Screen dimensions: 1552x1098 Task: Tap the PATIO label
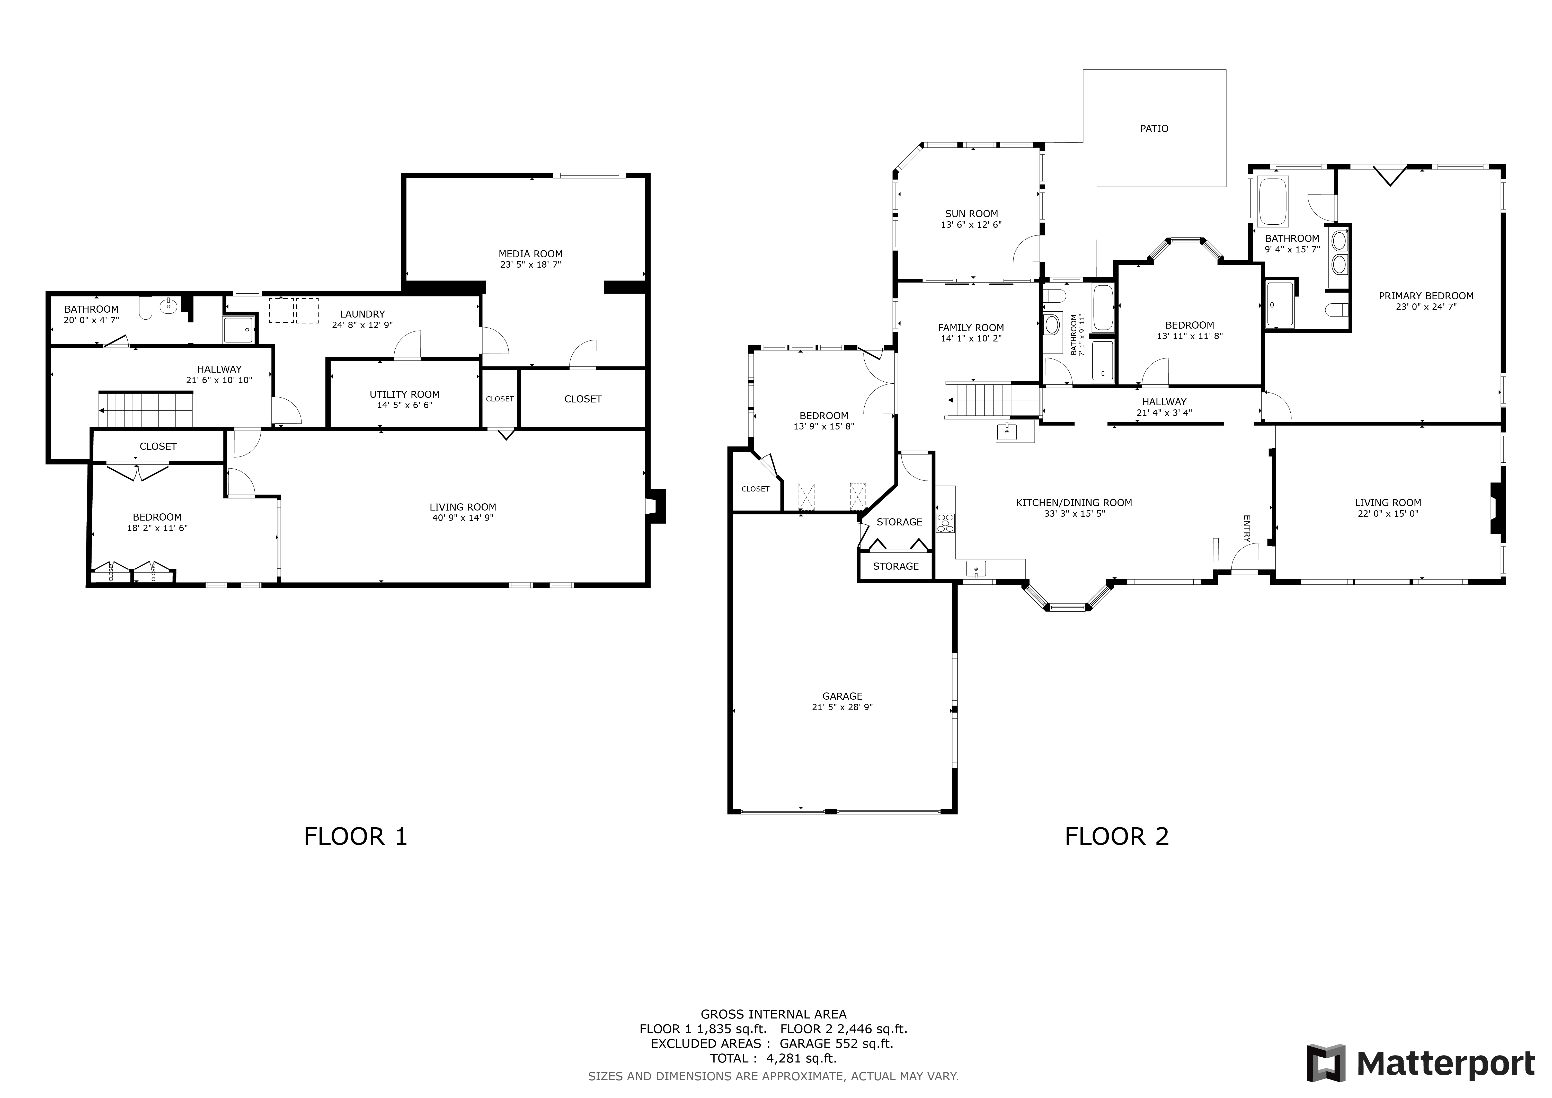point(1154,128)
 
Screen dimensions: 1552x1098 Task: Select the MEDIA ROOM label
point(531,254)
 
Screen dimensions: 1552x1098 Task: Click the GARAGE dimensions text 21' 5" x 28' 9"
point(842,707)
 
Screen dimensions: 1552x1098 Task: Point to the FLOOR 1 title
point(356,837)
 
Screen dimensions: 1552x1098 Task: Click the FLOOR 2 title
point(1117,837)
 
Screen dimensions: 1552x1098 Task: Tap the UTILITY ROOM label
point(404,394)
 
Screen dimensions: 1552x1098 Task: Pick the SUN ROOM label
point(971,214)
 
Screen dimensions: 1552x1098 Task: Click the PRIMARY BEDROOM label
point(1426,295)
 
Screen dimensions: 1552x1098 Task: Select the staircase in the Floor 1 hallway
point(146,410)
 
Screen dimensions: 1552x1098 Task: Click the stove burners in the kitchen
point(945,524)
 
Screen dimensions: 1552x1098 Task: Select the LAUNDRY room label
point(362,314)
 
